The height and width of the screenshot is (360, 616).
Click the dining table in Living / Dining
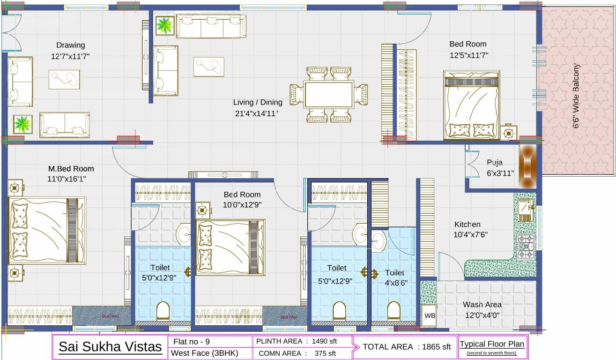click(328, 95)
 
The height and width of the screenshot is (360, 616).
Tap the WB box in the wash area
click(430, 316)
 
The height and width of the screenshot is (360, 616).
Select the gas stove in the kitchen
click(526, 247)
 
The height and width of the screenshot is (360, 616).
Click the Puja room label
click(495, 163)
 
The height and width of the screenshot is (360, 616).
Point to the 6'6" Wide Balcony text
click(576, 97)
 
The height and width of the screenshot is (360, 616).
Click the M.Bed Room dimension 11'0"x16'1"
click(67, 179)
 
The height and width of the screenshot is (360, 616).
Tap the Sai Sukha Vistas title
click(110, 347)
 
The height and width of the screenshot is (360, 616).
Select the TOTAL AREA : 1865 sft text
click(406, 347)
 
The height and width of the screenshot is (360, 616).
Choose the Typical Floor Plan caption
click(492, 344)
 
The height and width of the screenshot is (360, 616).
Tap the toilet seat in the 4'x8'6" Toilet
click(394, 311)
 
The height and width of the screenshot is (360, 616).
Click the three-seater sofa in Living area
click(211, 26)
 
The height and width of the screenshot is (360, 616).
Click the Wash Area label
click(482, 305)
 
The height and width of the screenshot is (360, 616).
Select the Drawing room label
click(71, 45)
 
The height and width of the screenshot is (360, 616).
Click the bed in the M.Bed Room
click(47, 230)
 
